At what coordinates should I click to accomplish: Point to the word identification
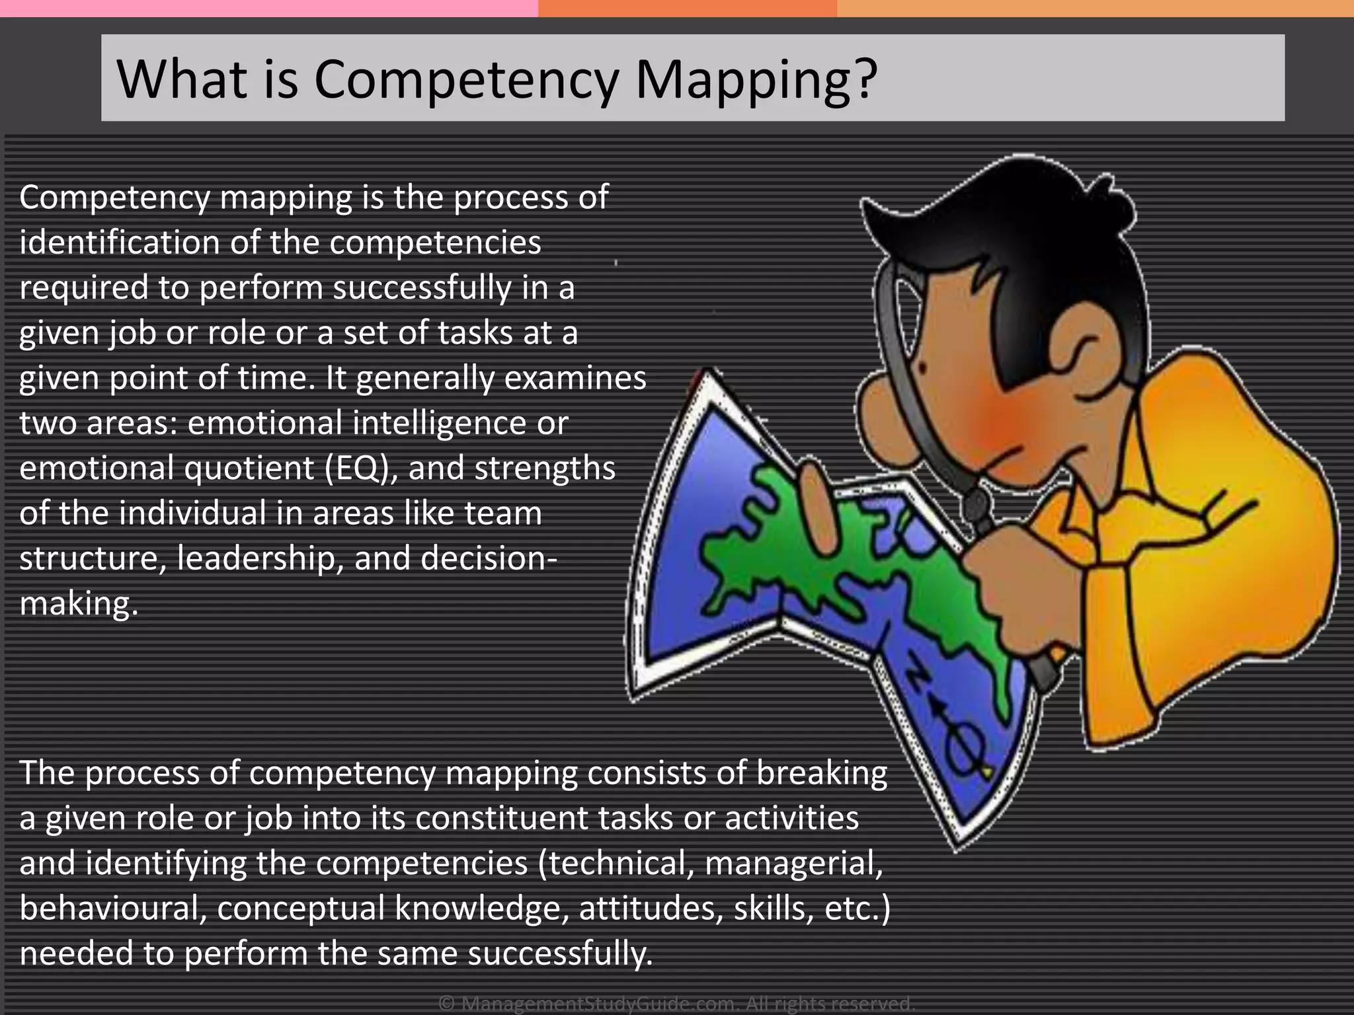point(120,242)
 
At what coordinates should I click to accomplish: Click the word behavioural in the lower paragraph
point(110,908)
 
